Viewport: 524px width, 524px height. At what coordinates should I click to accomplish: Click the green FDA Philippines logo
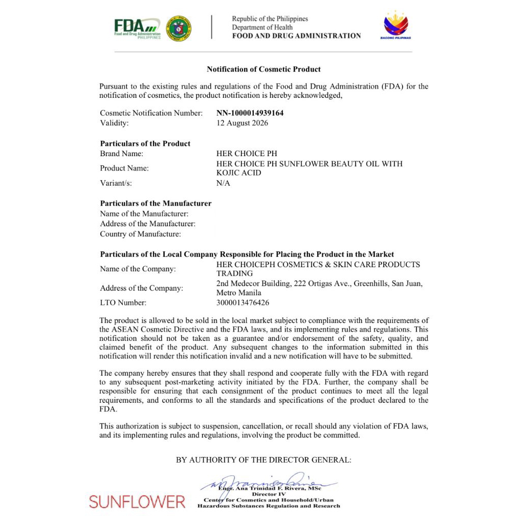click(137, 28)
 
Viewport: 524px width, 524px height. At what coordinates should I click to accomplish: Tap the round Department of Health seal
click(179, 28)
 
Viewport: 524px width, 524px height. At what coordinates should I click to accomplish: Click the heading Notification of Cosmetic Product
click(264, 69)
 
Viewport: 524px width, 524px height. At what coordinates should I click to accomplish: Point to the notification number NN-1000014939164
click(250, 113)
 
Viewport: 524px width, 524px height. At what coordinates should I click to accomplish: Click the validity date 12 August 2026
click(242, 123)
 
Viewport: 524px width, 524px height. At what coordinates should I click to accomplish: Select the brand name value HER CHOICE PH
click(239, 154)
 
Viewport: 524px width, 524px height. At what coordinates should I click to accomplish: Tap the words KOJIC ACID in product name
click(239, 173)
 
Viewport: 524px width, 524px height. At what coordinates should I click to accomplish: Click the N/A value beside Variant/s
click(223, 183)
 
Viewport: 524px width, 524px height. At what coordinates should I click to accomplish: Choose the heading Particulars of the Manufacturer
click(156, 203)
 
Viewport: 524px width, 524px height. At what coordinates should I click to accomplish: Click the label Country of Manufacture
click(140, 234)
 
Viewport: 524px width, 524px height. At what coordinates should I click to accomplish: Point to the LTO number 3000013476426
click(243, 302)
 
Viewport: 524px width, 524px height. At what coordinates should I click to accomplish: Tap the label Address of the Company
click(141, 288)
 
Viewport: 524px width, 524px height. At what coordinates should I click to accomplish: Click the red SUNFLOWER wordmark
click(137, 502)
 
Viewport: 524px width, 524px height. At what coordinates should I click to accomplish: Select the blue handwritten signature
click(266, 483)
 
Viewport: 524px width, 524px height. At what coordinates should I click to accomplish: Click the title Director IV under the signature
click(268, 494)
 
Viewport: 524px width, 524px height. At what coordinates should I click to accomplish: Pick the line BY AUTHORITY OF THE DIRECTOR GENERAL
click(264, 460)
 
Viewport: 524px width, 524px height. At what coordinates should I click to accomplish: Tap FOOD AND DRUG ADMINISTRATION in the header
click(296, 36)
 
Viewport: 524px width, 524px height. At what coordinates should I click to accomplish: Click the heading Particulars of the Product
click(145, 143)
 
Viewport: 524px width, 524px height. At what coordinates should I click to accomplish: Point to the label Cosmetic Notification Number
click(151, 113)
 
